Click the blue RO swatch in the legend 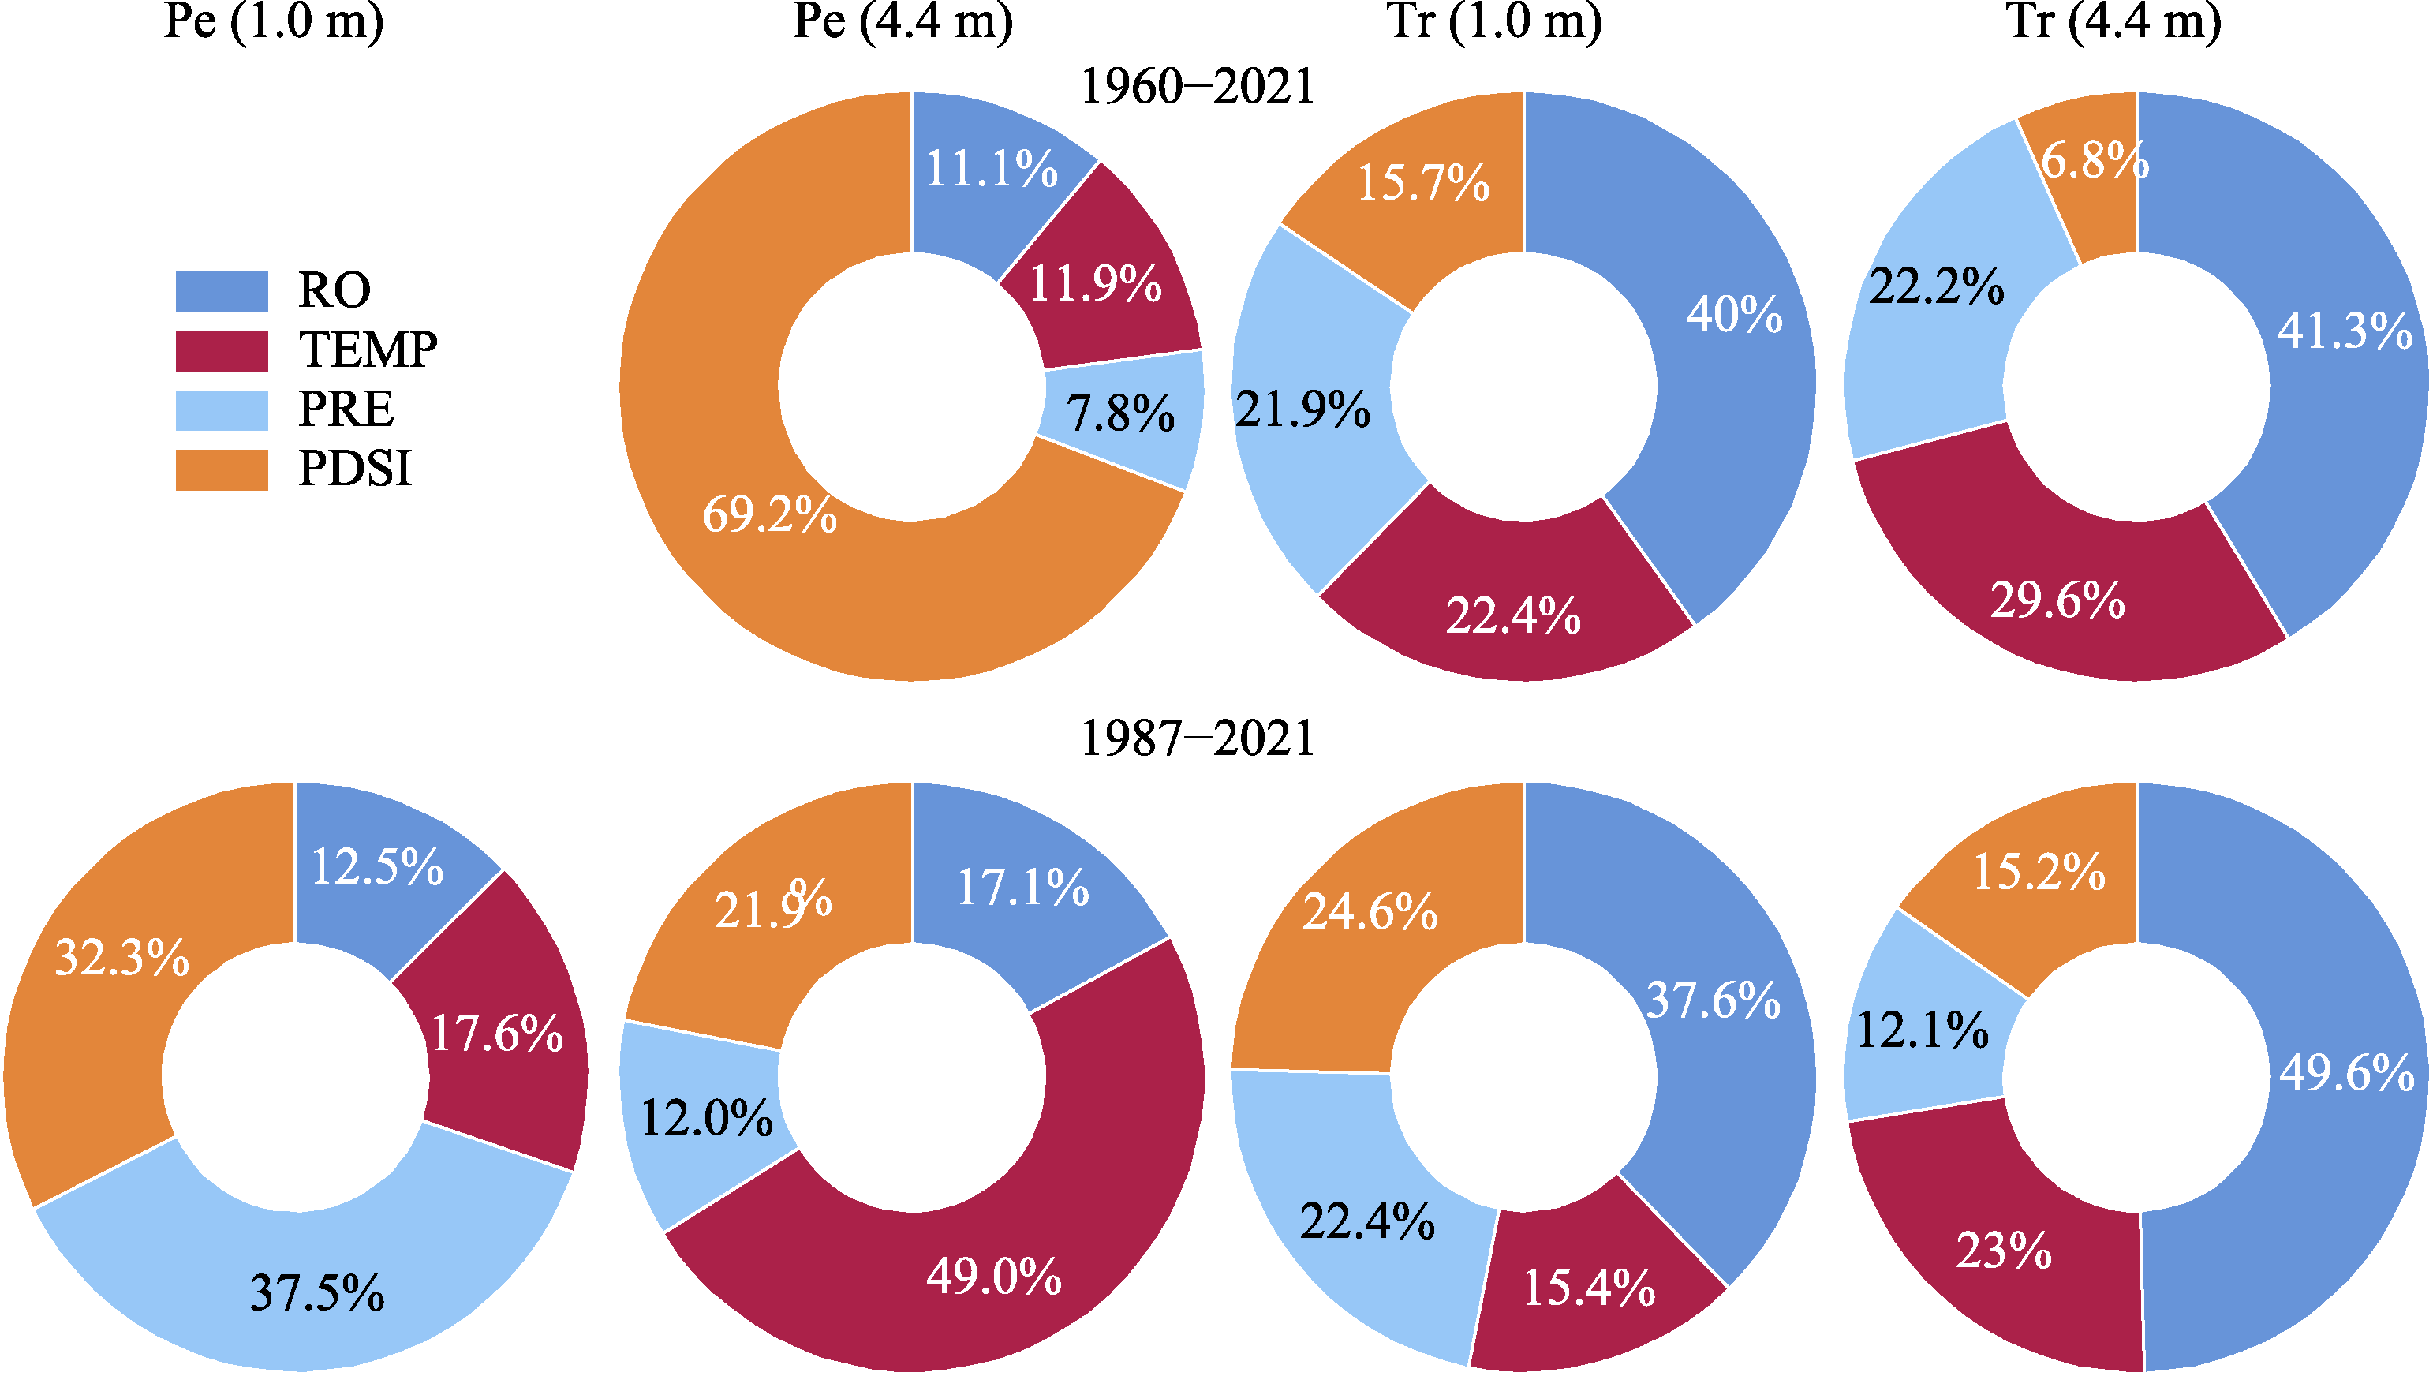[221, 291]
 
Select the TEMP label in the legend [368, 350]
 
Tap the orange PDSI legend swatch [221, 469]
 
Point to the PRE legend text [346, 409]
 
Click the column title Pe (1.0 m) [273, 21]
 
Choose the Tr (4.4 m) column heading [2113, 21]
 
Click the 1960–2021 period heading [1197, 87]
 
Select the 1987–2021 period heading [1197, 738]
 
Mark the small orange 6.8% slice [2093, 180]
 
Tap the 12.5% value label [377, 866]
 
